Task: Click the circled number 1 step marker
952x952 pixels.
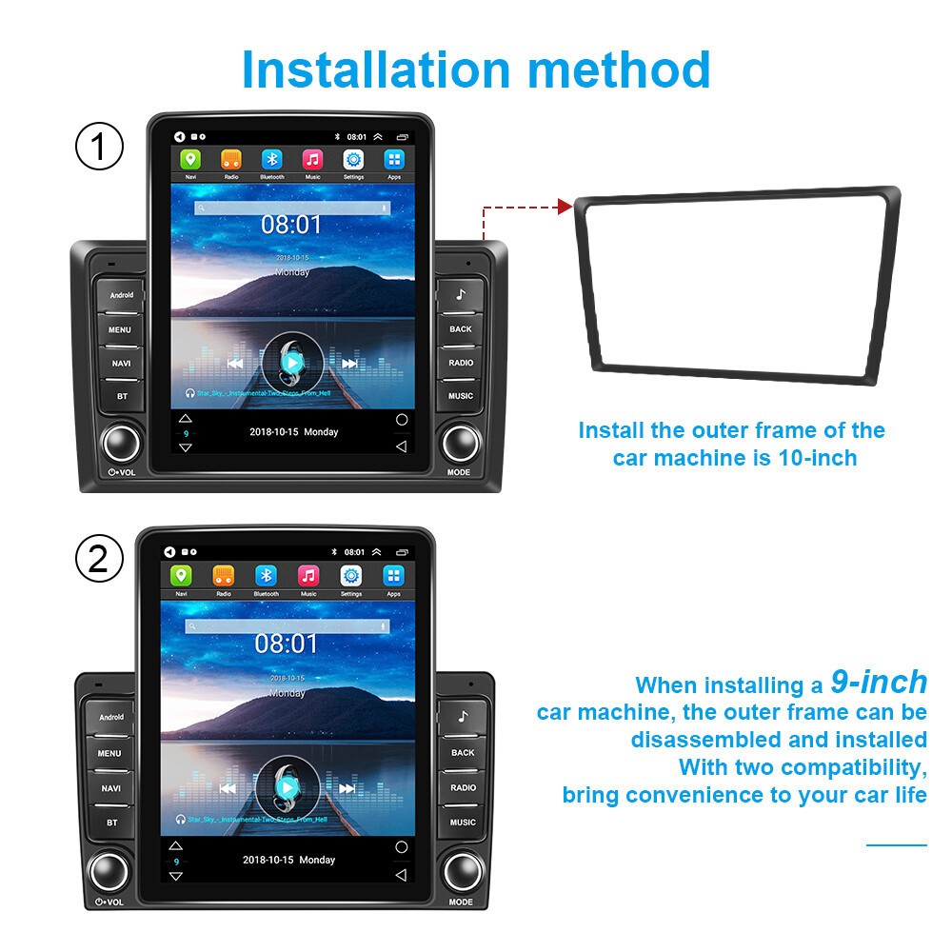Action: tap(99, 148)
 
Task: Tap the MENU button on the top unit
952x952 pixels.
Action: tap(121, 329)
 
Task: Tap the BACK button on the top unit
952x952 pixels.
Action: tap(461, 329)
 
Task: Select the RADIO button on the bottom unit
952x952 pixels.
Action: tap(463, 787)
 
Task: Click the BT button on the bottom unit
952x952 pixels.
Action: tap(112, 823)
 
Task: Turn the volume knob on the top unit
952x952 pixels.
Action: tap(122, 442)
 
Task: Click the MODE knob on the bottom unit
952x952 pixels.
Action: tap(462, 869)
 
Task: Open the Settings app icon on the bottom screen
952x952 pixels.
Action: tap(351, 576)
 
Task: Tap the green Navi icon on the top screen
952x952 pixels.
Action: tap(190, 160)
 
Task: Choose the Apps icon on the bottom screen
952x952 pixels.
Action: tap(393, 576)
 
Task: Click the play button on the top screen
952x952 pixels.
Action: tap(292, 362)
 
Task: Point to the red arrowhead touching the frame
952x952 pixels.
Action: tap(564, 206)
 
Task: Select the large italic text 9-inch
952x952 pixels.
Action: tap(878, 682)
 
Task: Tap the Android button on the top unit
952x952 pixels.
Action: tap(122, 295)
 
